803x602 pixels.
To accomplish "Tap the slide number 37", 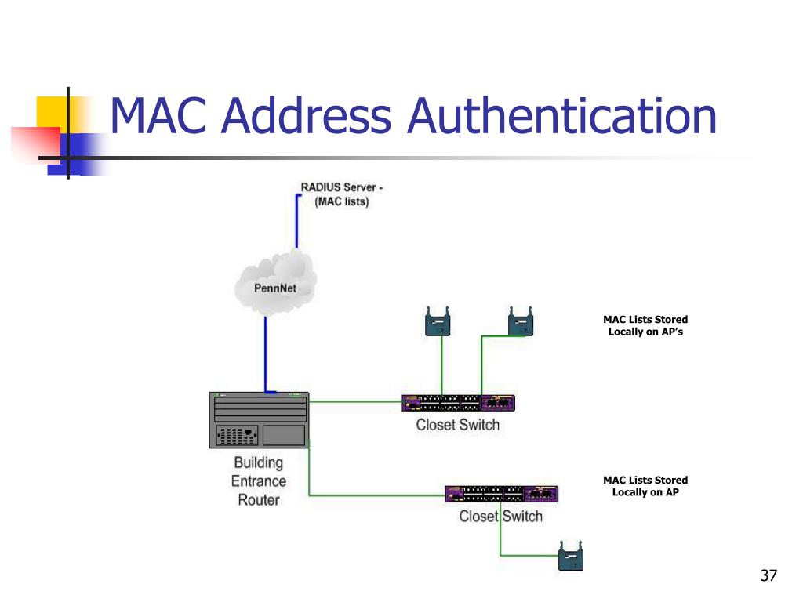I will [x=768, y=576].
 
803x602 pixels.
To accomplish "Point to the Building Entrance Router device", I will [x=258, y=419].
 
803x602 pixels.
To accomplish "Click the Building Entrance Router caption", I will [x=258, y=481].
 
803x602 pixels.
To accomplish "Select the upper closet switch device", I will [x=458, y=403].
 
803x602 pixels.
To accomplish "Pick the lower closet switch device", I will [x=501, y=494].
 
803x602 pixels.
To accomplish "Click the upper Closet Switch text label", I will [x=457, y=426].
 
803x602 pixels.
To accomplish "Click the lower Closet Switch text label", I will [x=500, y=517].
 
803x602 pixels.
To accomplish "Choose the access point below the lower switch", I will [x=570, y=556].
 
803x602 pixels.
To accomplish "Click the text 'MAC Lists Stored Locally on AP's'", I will [x=645, y=325].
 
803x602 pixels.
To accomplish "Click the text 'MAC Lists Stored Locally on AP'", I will [x=645, y=486].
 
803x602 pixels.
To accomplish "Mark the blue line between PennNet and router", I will [x=266, y=353].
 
